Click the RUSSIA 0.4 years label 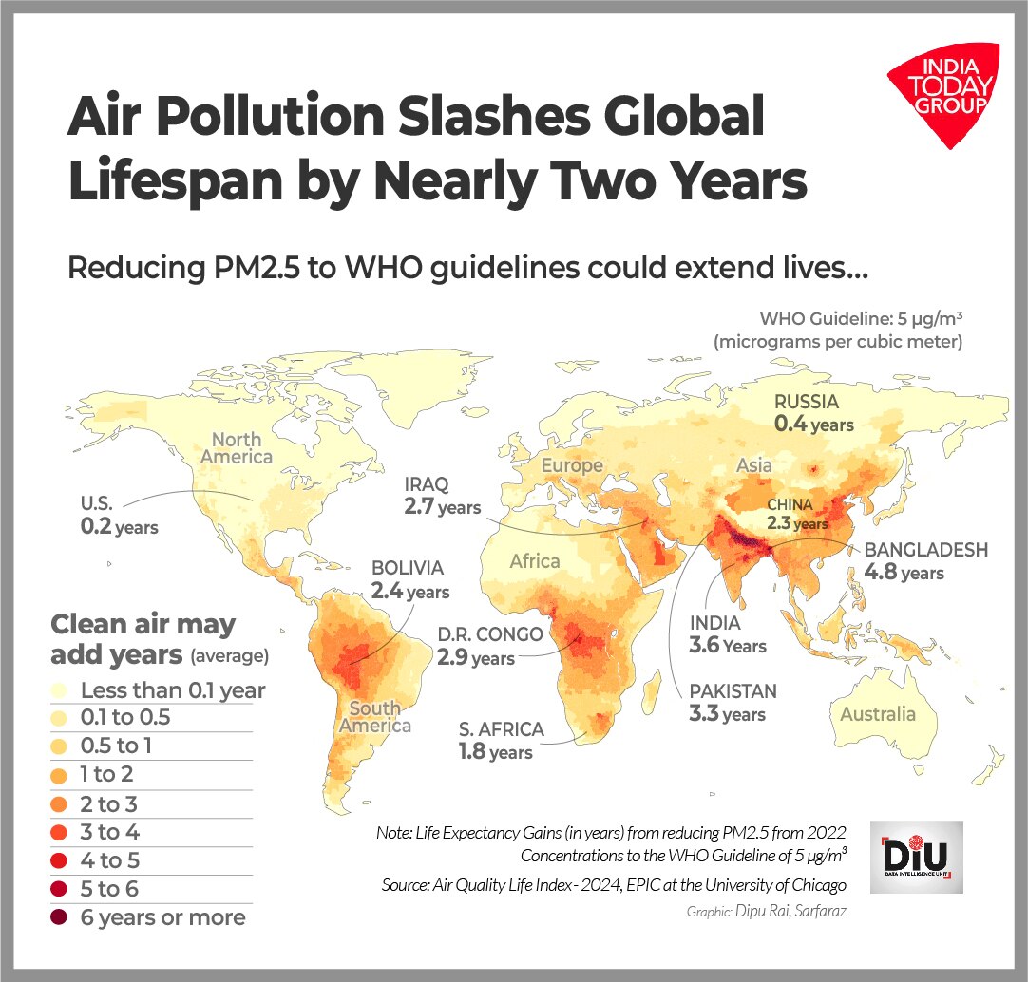point(813,413)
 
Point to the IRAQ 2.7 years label point(441,496)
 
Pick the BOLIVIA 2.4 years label point(409,579)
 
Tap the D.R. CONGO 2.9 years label point(489,646)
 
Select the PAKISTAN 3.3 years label point(733,702)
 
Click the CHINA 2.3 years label point(797,514)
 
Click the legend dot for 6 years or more point(63,917)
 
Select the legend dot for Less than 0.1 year point(63,690)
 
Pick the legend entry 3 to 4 point(109,833)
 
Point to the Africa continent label point(534,561)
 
